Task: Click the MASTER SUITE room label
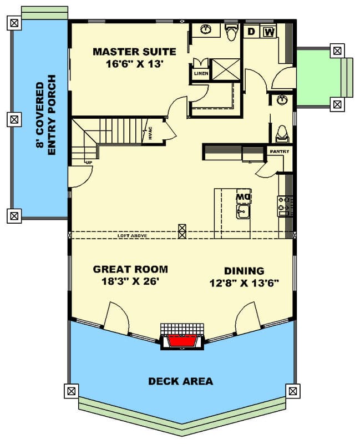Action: click(134, 52)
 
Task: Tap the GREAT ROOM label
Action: click(130, 269)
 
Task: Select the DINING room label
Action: click(244, 271)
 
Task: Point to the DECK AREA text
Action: click(180, 381)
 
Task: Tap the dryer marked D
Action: click(251, 32)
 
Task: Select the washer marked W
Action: click(268, 32)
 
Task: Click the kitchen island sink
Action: click(243, 211)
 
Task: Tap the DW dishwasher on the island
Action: click(243, 196)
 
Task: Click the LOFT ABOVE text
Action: click(132, 236)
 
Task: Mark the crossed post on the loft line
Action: click(182, 231)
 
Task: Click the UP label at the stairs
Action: click(88, 162)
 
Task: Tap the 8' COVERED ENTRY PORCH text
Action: click(47, 119)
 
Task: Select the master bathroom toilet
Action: click(232, 33)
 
